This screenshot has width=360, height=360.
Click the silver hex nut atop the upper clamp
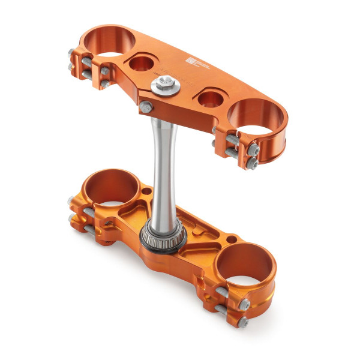coord(163,83)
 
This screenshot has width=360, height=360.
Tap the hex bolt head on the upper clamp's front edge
coord(145,107)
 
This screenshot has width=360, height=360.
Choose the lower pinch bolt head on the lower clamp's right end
coord(244,323)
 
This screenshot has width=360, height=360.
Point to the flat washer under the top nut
coord(170,90)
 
